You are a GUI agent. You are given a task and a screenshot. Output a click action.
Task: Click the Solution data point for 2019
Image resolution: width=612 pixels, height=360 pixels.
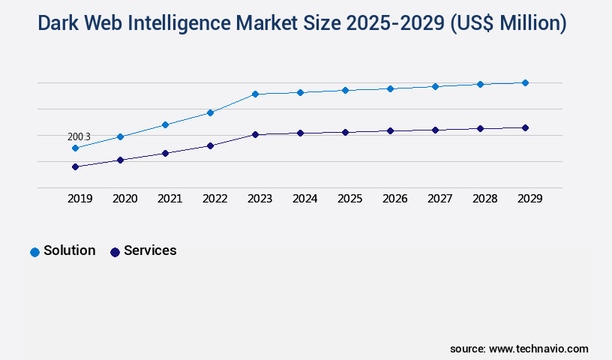tap(75, 148)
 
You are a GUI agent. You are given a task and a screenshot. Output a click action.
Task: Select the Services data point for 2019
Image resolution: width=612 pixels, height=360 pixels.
tap(75, 166)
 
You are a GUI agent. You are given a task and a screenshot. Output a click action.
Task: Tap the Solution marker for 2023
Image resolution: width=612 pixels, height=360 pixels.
tap(255, 94)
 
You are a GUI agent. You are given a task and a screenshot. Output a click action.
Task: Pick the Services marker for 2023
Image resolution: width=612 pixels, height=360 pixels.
tap(255, 134)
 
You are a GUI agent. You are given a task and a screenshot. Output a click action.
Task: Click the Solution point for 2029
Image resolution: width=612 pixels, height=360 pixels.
tap(525, 82)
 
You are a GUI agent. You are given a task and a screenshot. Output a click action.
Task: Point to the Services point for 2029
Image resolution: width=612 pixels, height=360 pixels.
tap(525, 127)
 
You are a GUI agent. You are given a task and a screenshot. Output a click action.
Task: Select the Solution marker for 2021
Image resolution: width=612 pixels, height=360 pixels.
tap(165, 124)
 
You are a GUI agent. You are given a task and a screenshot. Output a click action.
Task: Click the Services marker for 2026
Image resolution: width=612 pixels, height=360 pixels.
tap(390, 130)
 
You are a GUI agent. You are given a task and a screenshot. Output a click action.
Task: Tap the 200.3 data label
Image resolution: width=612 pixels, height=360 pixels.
tap(79, 136)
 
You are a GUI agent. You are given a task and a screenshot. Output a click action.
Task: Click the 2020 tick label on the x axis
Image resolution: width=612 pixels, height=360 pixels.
tap(124, 199)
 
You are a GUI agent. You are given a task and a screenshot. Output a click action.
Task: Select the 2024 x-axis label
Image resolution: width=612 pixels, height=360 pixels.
tap(304, 199)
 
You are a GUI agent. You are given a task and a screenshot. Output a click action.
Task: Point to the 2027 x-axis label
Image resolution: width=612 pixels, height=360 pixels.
tap(439, 199)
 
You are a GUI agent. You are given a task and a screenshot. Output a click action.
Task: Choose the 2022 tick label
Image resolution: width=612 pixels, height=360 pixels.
tap(214, 199)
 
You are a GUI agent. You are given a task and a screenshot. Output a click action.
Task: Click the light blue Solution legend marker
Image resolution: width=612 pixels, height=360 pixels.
tap(34, 252)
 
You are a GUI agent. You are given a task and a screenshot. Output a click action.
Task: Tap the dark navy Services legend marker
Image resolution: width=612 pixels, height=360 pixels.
tap(115, 252)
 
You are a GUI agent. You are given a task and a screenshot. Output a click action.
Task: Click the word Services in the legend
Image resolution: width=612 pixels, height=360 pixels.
tap(150, 250)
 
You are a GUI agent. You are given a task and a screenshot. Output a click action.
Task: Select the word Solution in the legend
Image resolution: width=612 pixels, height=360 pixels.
tap(69, 250)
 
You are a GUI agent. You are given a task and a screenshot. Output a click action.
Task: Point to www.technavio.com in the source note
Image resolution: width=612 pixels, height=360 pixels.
tap(538, 349)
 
